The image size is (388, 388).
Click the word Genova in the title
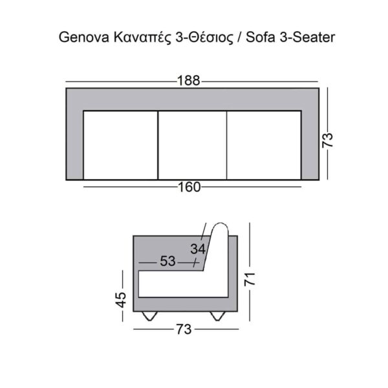pos(80,38)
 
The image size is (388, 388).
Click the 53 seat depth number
pos(167,262)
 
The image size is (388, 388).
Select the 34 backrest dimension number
pos(198,248)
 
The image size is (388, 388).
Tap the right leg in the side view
pos(218,316)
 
